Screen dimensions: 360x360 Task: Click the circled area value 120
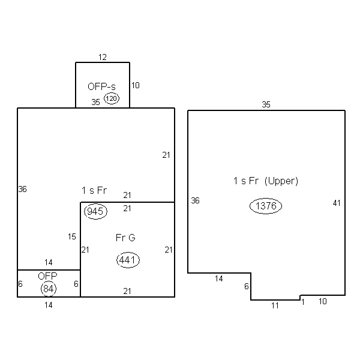click(x=112, y=98)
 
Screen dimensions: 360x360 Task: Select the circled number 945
click(x=95, y=211)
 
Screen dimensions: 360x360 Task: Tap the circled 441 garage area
click(x=128, y=260)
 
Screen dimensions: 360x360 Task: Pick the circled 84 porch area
click(x=49, y=289)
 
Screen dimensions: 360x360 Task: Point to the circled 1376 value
click(x=266, y=206)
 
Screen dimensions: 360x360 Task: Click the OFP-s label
click(x=101, y=86)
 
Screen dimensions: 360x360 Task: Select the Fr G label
click(x=125, y=238)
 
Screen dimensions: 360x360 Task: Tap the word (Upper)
click(x=281, y=181)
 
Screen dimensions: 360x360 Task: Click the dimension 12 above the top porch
click(x=103, y=57)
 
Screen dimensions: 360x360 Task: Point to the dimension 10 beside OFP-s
click(x=136, y=85)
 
